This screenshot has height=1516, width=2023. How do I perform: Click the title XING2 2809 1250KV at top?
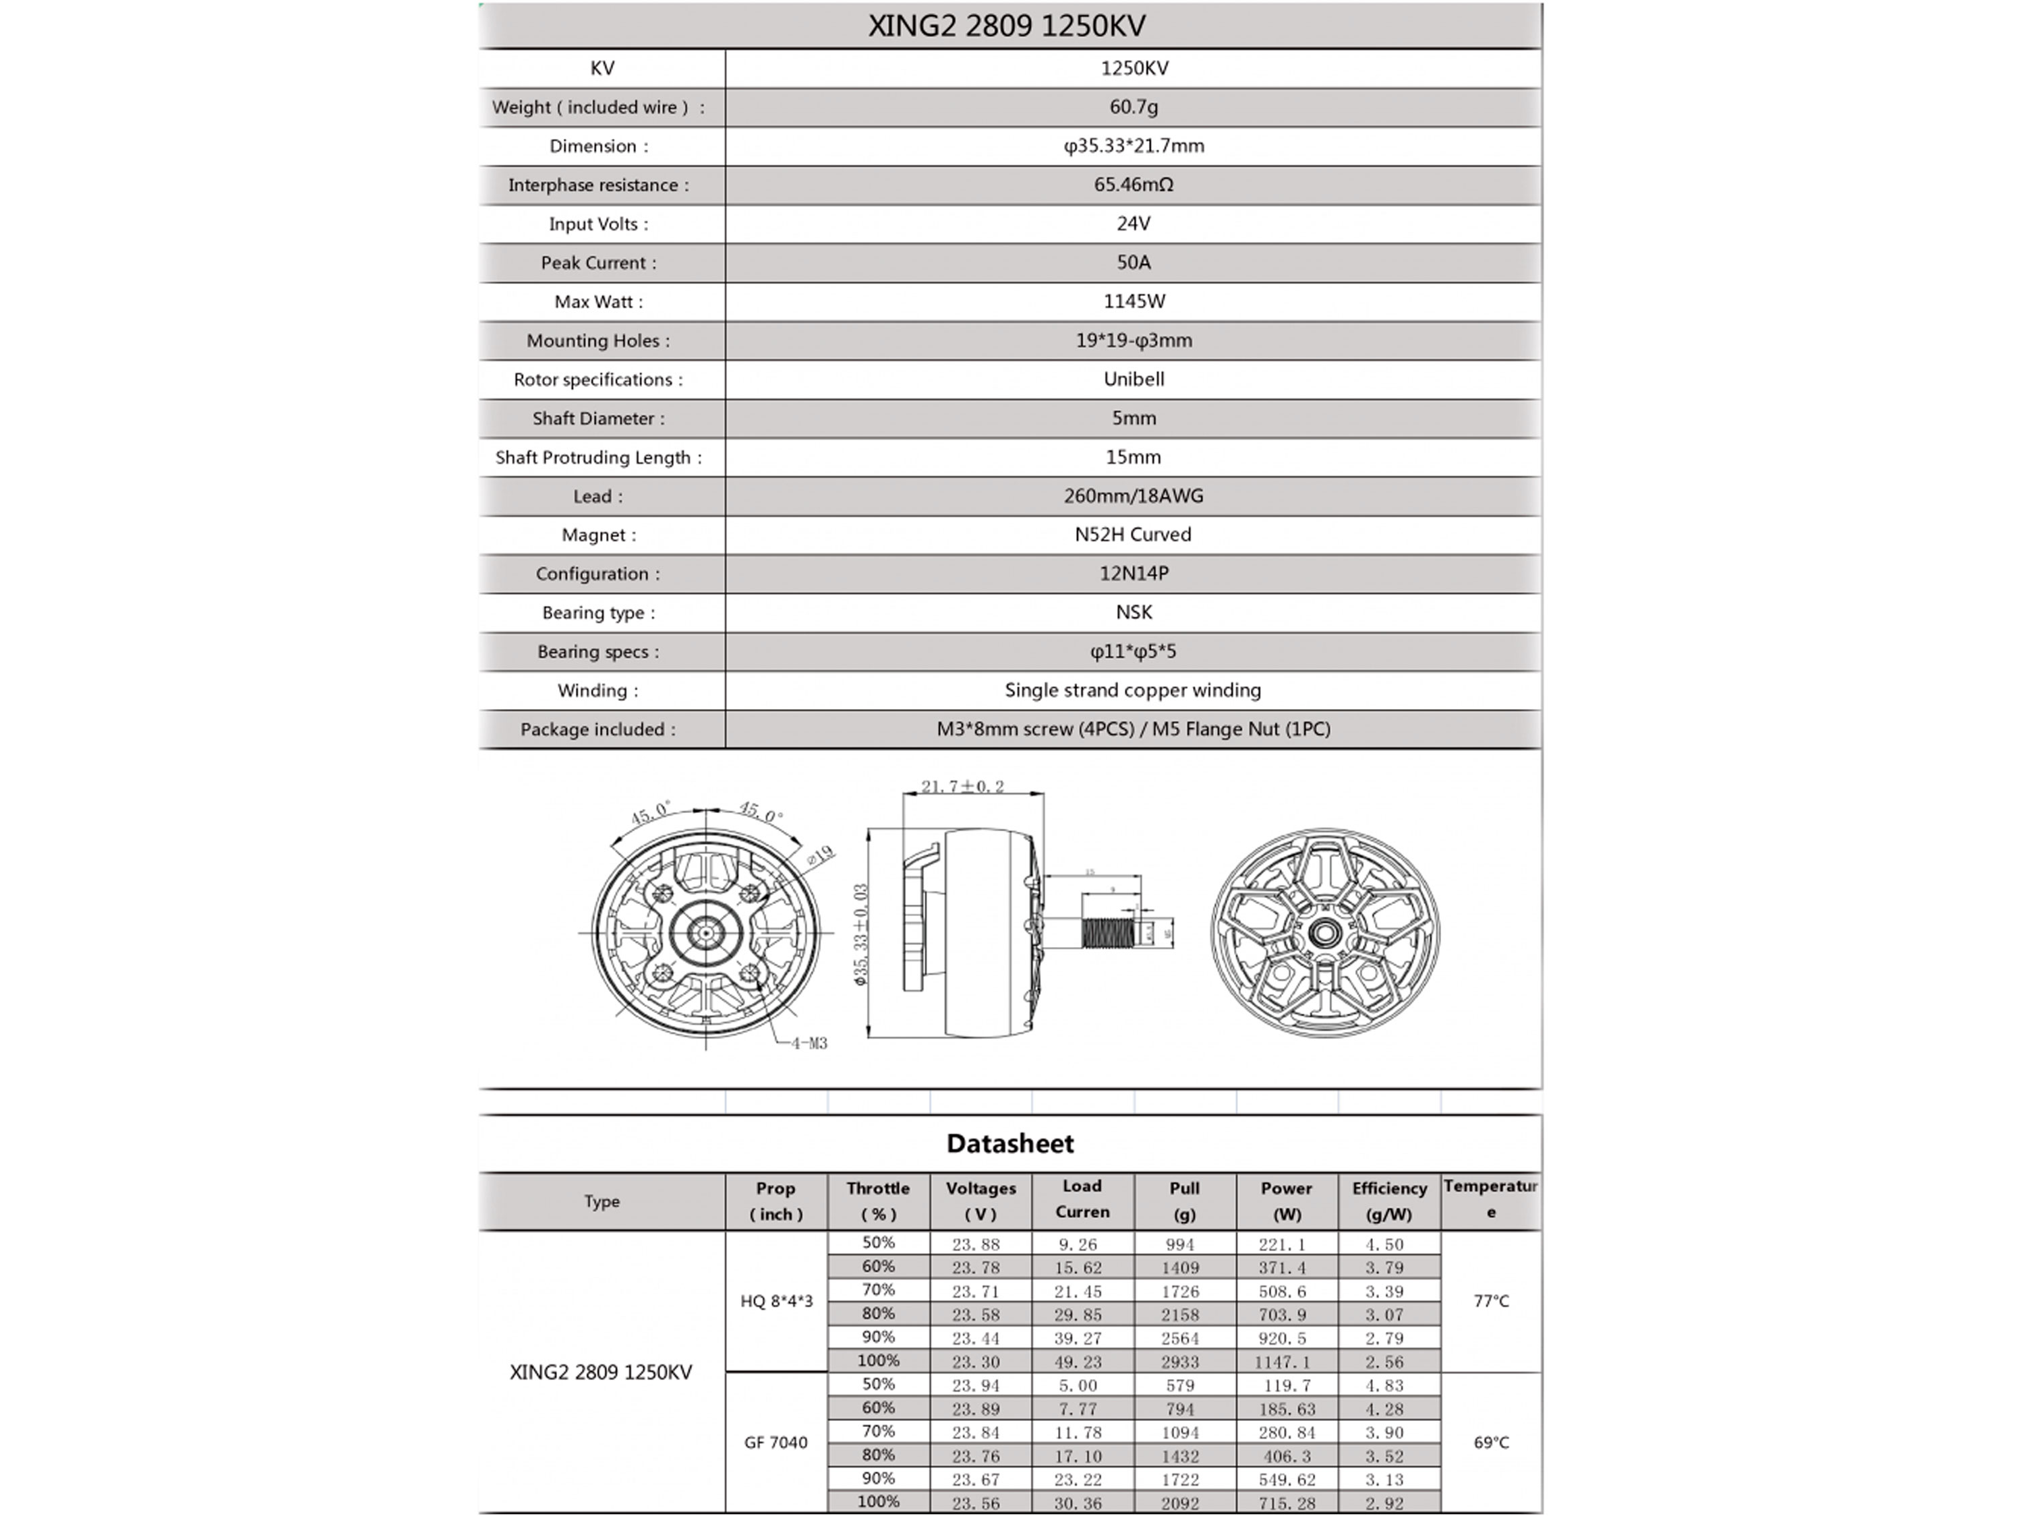[1006, 26]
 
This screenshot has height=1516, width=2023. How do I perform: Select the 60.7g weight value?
[1133, 107]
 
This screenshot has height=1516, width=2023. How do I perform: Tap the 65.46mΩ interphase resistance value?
[1133, 185]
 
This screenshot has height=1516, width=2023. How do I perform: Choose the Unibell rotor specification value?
[1133, 380]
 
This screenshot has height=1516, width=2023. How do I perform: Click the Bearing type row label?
[599, 613]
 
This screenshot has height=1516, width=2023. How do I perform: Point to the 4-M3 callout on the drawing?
[809, 1043]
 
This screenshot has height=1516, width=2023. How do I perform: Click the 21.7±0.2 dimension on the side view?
[962, 787]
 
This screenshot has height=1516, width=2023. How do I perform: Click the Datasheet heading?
[1009, 1144]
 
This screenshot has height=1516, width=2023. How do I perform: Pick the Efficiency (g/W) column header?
[1388, 1201]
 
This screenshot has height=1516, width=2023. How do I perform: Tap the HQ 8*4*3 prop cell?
[775, 1301]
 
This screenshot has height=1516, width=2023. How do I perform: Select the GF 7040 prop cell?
[775, 1443]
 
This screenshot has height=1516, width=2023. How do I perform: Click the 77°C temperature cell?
[1491, 1301]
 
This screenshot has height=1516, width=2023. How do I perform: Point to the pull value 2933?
[1180, 1362]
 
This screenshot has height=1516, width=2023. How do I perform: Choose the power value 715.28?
[1286, 1503]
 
